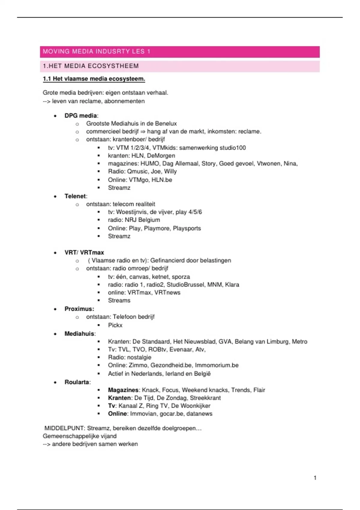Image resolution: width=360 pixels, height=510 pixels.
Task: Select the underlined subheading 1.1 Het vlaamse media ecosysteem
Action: tap(94, 79)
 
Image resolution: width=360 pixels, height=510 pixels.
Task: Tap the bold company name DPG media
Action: tap(81, 116)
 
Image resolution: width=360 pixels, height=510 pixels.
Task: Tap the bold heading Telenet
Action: tap(75, 196)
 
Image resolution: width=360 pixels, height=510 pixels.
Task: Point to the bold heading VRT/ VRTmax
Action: tap(84, 253)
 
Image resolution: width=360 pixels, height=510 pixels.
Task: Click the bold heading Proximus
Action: tap(79, 309)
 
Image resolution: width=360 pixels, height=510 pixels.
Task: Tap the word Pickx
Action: tap(115, 325)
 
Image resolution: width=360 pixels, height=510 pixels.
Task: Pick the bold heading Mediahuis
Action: tap(79, 334)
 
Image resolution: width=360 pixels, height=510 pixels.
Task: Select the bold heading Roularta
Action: tap(77, 382)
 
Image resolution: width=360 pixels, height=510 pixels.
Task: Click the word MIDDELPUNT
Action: tap(64, 428)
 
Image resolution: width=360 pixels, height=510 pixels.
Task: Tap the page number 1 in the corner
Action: tap(315, 478)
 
